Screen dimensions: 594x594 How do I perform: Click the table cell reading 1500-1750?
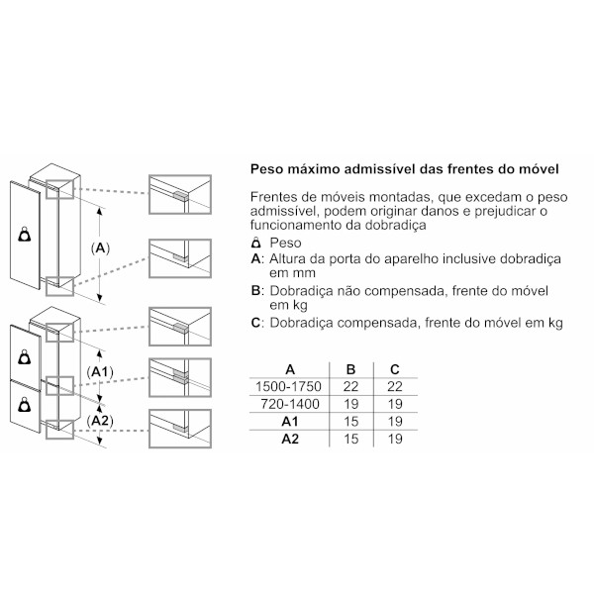pyautogui.click(x=288, y=386)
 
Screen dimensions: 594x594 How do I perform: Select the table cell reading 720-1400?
pyautogui.click(x=290, y=404)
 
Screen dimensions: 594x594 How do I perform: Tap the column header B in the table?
pyautogui.click(x=350, y=369)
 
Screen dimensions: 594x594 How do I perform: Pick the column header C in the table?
pyautogui.click(x=395, y=369)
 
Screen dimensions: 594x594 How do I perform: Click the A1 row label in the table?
pyautogui.click(x=290, y=422)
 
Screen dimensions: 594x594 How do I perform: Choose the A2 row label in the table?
pyautogui.click(x=290, y=439)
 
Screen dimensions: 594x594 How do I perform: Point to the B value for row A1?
pyautogui.click(x=350, y=422)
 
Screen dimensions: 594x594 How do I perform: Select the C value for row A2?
pyautogui.click(x=395, y=439)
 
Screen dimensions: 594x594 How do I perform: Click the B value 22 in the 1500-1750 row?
pyautogui.click(x=350, y=386)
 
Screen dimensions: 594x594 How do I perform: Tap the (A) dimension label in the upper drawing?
pyautogui.click(x=100, y=248)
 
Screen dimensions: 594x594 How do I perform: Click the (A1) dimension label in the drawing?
pyautogui.click(x=100, y=372)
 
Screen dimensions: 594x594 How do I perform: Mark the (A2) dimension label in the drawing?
pyautogui.click(x=100, y=421)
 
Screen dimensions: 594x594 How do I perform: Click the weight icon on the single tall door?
pyautogui.click(x=25, y=234)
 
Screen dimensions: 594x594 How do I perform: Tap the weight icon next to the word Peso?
pyautogui.click(x=256, y=242)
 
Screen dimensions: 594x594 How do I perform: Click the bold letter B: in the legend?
pyautogui.click(x=256, y=290)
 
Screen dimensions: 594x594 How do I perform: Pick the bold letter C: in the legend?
pyautogui.click(x=256, y=323)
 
